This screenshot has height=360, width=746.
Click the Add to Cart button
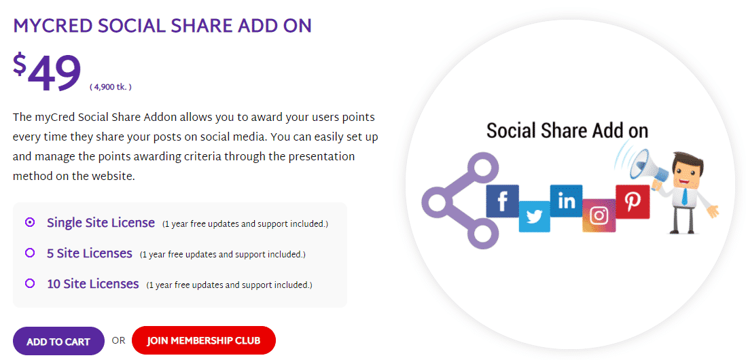coord(58,341)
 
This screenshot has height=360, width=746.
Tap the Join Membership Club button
coord(204,340)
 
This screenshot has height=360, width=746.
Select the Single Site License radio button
coord(30,222)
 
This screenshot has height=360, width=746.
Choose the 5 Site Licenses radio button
coord(30,253)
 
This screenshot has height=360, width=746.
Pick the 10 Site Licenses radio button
coord(30,283)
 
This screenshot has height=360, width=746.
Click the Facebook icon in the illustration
coord(502,201)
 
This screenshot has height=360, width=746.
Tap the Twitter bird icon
coord(534,217)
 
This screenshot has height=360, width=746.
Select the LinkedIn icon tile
coord(566,201)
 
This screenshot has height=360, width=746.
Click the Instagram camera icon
coord(599,215)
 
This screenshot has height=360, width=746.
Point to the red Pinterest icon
coord(633,202)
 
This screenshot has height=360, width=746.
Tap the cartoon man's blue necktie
coord(683,196)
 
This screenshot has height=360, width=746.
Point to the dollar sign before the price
coord(20,65)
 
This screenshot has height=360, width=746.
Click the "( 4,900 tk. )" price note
coord(110,87)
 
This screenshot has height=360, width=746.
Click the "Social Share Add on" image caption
coord(567,130)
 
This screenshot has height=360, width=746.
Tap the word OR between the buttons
coord(118,340)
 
